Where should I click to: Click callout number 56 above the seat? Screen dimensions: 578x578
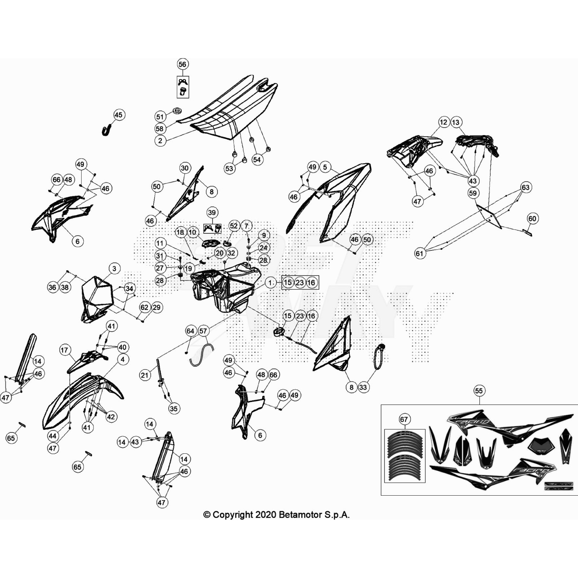point(182,64)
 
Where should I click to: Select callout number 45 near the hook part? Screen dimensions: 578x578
point(118,115)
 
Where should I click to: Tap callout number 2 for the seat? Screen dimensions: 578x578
point(160,141)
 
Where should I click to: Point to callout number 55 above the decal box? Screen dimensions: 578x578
point(479,391)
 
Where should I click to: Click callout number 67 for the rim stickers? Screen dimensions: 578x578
point(404,419)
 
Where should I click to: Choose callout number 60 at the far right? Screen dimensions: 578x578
point(532,219)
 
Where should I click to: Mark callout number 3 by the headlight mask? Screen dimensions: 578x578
point(115,268)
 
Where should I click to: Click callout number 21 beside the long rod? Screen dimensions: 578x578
point(144,375)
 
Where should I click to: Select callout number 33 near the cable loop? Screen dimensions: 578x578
point(363,387)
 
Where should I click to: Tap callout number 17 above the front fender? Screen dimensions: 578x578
point(64,350)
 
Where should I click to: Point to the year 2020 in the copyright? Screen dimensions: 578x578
point(266,515)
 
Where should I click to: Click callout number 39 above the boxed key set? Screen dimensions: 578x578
point(212,212)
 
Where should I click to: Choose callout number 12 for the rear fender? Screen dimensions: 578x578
point(444,122)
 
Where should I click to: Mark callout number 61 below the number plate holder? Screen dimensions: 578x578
point(419,253)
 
